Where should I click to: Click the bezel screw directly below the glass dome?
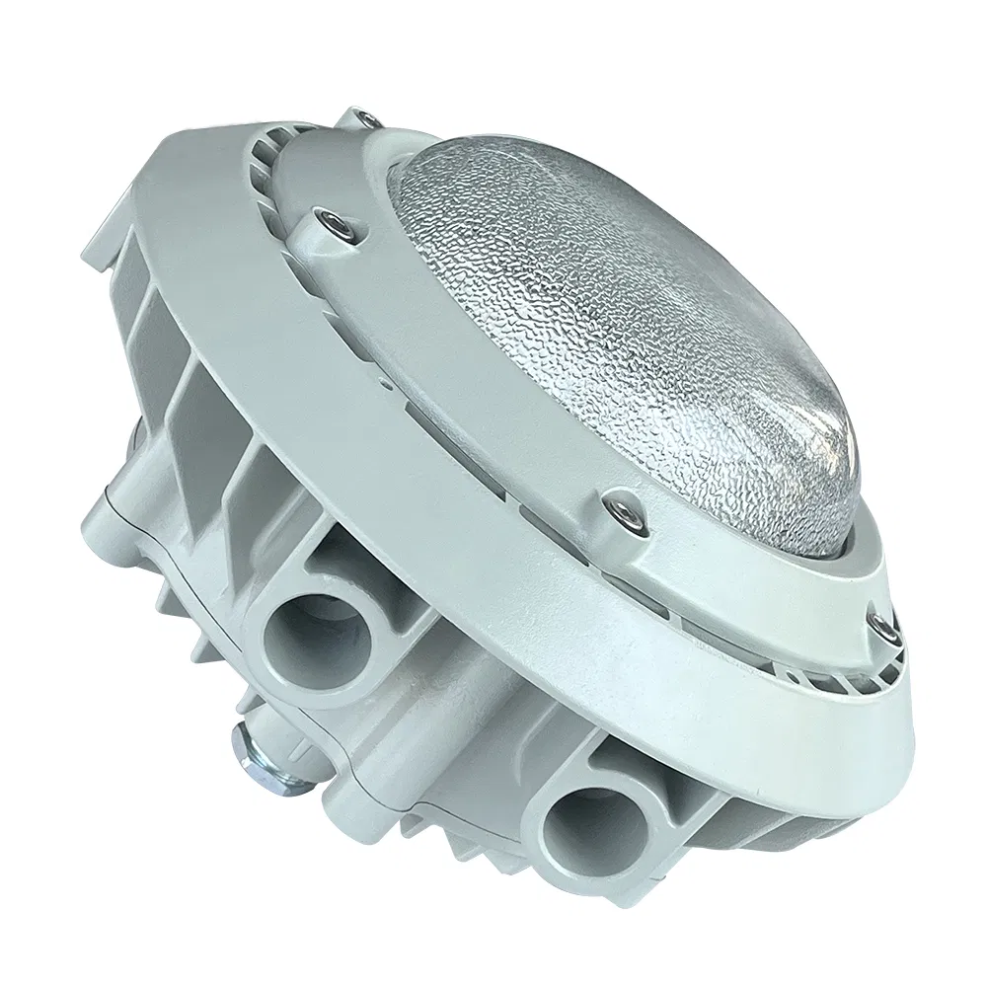(621, 511)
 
